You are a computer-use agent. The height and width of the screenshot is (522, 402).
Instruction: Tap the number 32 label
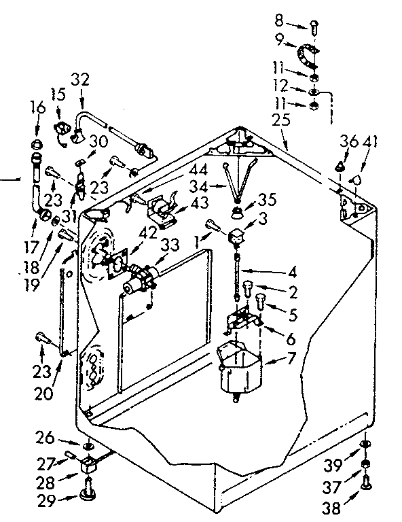[x=79, y=78]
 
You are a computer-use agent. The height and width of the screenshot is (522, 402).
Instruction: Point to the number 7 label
[x=293, y=358]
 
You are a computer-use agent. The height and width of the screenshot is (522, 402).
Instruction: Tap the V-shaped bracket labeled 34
[x=238, y=180]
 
